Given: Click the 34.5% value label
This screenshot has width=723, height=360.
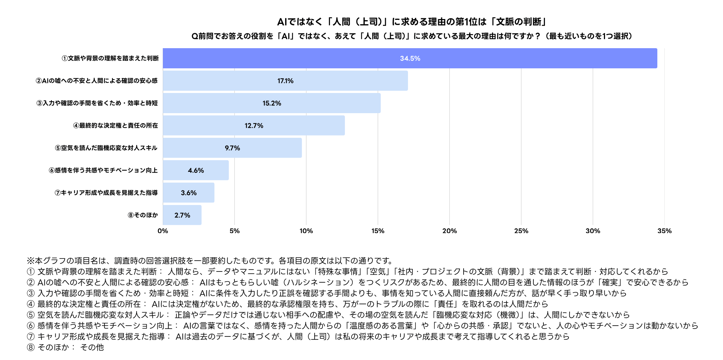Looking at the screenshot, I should coord(410,59).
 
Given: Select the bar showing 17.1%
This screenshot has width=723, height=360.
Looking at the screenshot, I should coord(285,81).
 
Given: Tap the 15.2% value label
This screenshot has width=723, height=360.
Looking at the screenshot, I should coord(272,103).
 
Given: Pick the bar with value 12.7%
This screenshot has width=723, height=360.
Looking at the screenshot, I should coord(254,125).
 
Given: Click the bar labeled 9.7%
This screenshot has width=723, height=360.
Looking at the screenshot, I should coord(232,148).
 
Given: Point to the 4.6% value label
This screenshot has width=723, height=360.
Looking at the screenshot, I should coord(196,171).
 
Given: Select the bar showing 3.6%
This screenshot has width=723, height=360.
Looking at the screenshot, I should coord(188,193).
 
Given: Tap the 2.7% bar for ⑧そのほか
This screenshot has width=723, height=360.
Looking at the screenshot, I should coord(182,215).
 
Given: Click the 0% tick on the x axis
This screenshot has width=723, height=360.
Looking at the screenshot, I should coord(163,231).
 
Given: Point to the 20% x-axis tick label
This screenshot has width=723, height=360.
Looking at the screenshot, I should coord(449,231).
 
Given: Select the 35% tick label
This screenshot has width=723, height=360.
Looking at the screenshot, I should coord(664,231).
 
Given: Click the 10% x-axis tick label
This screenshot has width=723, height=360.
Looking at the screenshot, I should coord(306,231).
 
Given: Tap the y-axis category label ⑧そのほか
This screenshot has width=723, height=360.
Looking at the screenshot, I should coord(143,215).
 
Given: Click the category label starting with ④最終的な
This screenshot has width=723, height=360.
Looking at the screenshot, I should coord(115,125).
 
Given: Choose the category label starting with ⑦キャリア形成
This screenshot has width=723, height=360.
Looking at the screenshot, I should coord(106,193).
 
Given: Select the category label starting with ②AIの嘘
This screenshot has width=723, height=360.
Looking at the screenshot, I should coord(97,81).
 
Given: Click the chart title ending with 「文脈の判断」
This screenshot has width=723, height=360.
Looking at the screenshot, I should coord(412,22).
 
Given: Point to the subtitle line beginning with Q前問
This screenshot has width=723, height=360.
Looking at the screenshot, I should coord(412,36).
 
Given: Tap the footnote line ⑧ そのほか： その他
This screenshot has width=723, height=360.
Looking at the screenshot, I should coord(65,347).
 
